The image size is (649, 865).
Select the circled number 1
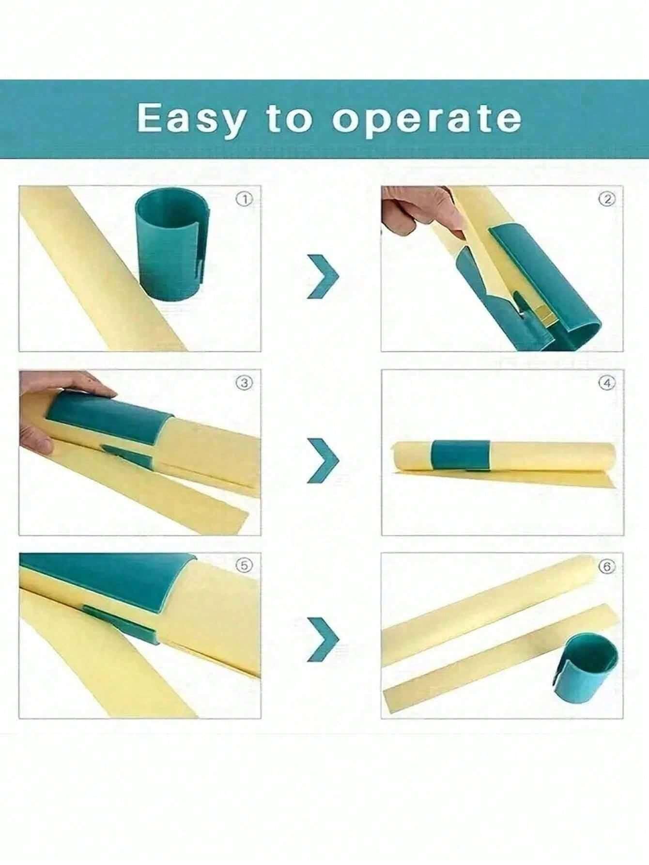coord(247,199)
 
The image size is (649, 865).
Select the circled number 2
coord(608,199)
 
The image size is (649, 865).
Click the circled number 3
coord(245,383)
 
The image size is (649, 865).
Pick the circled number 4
coord(608,383)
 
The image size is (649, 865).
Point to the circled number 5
coord(246,566)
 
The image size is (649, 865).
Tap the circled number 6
coord(608,566)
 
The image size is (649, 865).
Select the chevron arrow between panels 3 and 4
coord(323,460)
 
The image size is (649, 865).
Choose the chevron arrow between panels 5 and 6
coord(323,640)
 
